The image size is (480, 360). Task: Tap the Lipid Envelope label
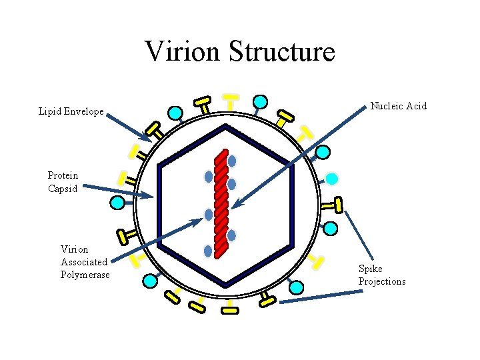[x=71, y=112]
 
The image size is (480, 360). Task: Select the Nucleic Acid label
[x=398, y=106]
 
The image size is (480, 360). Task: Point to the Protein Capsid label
[x=63, y=182]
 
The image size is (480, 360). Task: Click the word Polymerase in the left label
[x=85, y=275]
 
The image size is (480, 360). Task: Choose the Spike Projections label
[x=381, y=275]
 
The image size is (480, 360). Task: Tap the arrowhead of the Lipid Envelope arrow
[x=149, y=139]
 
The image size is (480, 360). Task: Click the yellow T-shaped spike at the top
[x=231, y=99]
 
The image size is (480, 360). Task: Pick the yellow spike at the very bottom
[x=229, y=310]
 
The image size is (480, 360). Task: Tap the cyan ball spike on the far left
[x=118, y=203]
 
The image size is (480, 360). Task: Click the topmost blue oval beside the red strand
[x=231, y=161]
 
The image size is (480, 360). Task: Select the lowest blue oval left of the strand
[x=208, y=251]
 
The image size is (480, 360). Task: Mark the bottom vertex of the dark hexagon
[x=226, y=286]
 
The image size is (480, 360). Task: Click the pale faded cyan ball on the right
[x=331, y=179]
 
